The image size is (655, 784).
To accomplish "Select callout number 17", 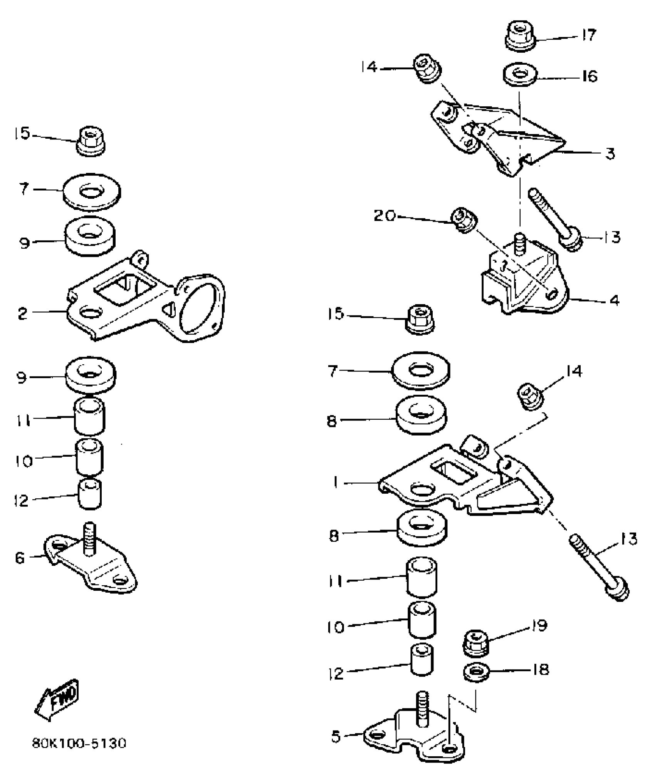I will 588,35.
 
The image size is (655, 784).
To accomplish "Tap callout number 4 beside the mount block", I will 614,300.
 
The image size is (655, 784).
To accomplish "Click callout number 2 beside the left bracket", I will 23,313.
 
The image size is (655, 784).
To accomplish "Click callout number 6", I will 20,558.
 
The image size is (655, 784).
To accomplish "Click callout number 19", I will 539,626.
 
